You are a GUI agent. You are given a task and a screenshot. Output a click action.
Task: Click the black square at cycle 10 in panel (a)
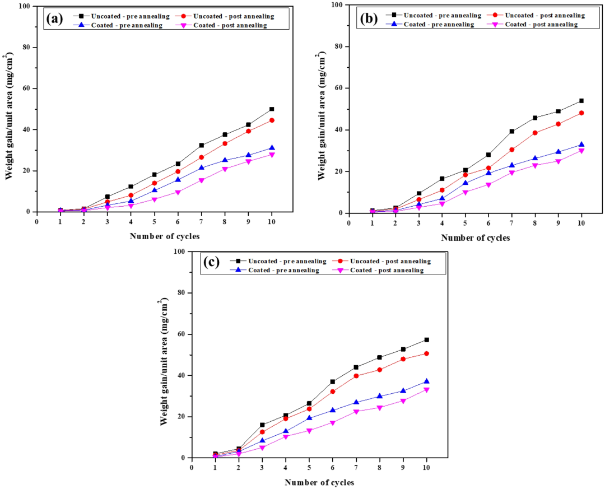click(x=272, y=109)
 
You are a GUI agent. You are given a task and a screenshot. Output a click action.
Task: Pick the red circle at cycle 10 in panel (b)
click(x=581, y=113)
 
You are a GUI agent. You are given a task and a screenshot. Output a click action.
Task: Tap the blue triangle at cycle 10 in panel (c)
click(x=426, y=381)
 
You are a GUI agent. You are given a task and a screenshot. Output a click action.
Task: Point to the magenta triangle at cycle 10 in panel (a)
click(x=272, y=155)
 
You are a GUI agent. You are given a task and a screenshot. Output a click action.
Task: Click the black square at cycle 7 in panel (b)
click(x=511, y=132)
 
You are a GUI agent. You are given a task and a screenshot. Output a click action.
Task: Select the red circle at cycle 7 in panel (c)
click(x=356, y=376)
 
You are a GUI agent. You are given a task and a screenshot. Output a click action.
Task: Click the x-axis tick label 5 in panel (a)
click(x=154, y=221)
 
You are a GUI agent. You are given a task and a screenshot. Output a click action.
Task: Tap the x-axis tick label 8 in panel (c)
click(x=379, y=467)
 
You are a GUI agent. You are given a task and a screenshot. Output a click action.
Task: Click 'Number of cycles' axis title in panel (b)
click(x=475, y=238)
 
